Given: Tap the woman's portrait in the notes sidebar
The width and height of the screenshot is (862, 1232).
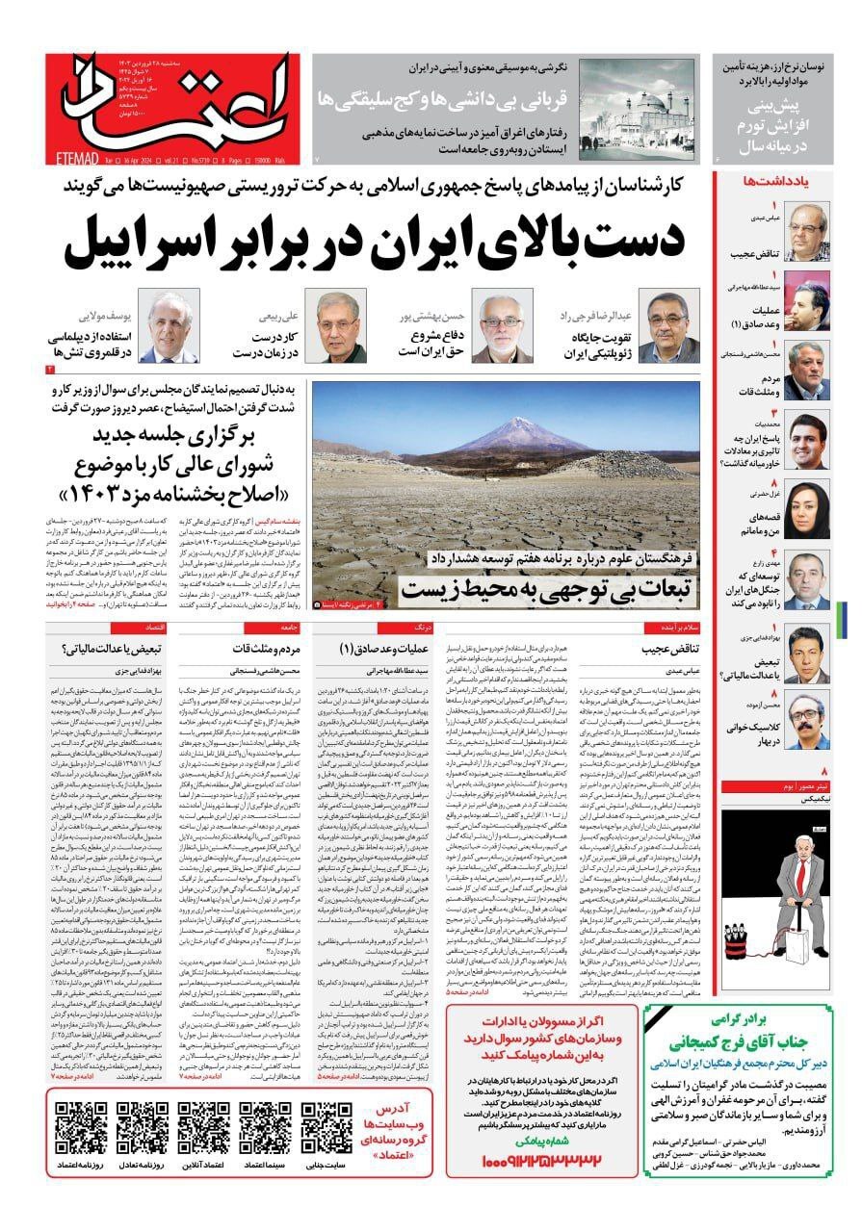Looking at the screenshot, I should click(807, 505).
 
